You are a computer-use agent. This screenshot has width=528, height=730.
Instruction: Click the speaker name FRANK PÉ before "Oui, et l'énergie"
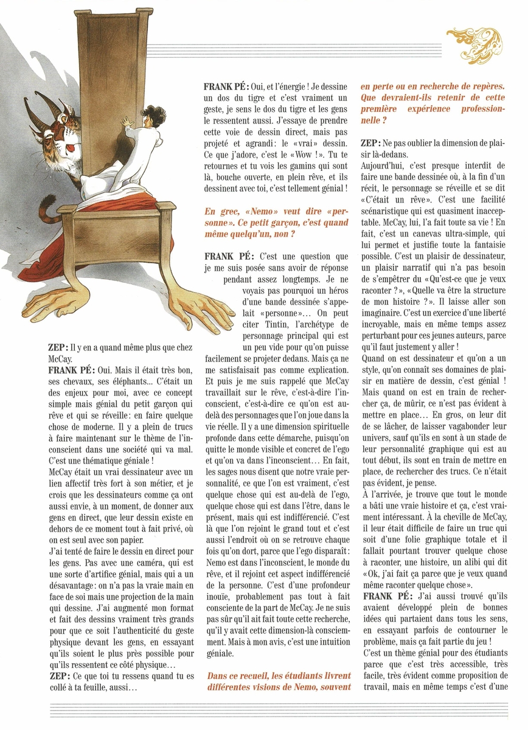[x=228, y=86]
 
